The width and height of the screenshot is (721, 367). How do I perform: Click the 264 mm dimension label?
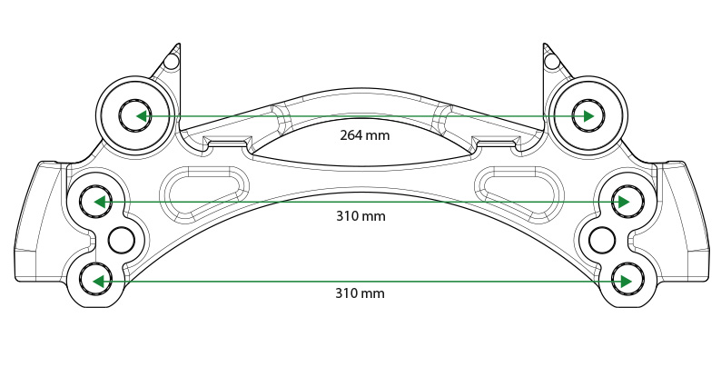pyautogui.click(x=365, y=135)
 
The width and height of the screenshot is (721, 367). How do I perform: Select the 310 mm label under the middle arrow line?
pyautogui.click(x=361, y=216)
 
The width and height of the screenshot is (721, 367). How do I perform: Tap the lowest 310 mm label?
pyautogui.click(x=360, y=293)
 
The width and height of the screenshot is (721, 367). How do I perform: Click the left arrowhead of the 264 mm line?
pyautogui.click(x=143, y=116)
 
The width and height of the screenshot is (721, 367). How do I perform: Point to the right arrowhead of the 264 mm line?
pyautogui.click(x=588, y=116)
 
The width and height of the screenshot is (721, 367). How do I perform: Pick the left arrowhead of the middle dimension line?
pyautogui.click(x=99, y=202)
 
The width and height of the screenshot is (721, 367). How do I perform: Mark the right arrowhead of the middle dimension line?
pyautogui.click(x=624, y=202)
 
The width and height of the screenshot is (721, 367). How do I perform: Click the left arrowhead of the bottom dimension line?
pyautogui.click(x=99, y=281)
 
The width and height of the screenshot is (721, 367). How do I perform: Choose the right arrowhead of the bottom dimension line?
pyautogui.click(x=624, y=281)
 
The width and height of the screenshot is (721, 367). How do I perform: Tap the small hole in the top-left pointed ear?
pyautogui.click(x=172, y=62)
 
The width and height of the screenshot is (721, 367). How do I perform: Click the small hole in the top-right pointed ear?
pyautogui.click(x=551, y=61)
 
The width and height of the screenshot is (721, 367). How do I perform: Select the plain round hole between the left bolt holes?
pyautogui.click(x=122, y=240)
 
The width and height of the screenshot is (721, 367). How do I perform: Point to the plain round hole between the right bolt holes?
pyautogui.click(x=602, y=240)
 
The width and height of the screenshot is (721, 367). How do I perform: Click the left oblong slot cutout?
pyautogui.click(x=203, y=193)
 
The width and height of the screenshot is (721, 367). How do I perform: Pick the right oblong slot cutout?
pyautogui.click(x=519, y=193)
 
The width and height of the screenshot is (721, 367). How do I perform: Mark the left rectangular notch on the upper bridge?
pyautogui.click(x=228, y=141)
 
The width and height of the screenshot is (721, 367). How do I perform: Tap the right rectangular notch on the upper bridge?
pyautogui.click(x=496, y=141)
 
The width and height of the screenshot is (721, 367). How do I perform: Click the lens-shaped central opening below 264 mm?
pyautogui.click(x=362, y=142)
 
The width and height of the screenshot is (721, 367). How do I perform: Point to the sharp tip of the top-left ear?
pyautogui.click(x=178, y=44)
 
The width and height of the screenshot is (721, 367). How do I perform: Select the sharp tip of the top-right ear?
pyautogui.click(x=545, y=44)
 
